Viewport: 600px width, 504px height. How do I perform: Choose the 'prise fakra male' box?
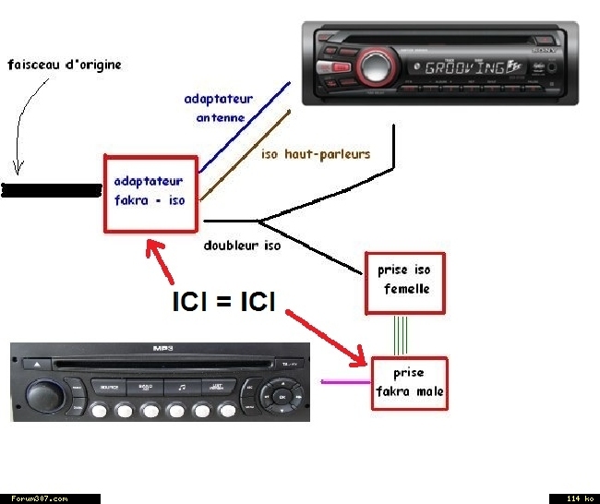click(408, 383)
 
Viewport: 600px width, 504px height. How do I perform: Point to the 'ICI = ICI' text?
click(223, 301)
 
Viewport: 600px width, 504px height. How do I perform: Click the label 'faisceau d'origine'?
click(64, 66)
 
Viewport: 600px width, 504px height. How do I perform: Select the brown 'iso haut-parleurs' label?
click(316, 154)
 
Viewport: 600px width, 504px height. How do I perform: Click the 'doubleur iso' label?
click(242, 246)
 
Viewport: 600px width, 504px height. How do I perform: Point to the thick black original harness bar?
click(51, 191)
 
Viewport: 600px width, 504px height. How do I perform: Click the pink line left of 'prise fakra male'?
click(343, 381)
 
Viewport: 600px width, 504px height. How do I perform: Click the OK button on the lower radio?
click(282, 397)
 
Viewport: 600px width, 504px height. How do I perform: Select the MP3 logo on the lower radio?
click(162, 348)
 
